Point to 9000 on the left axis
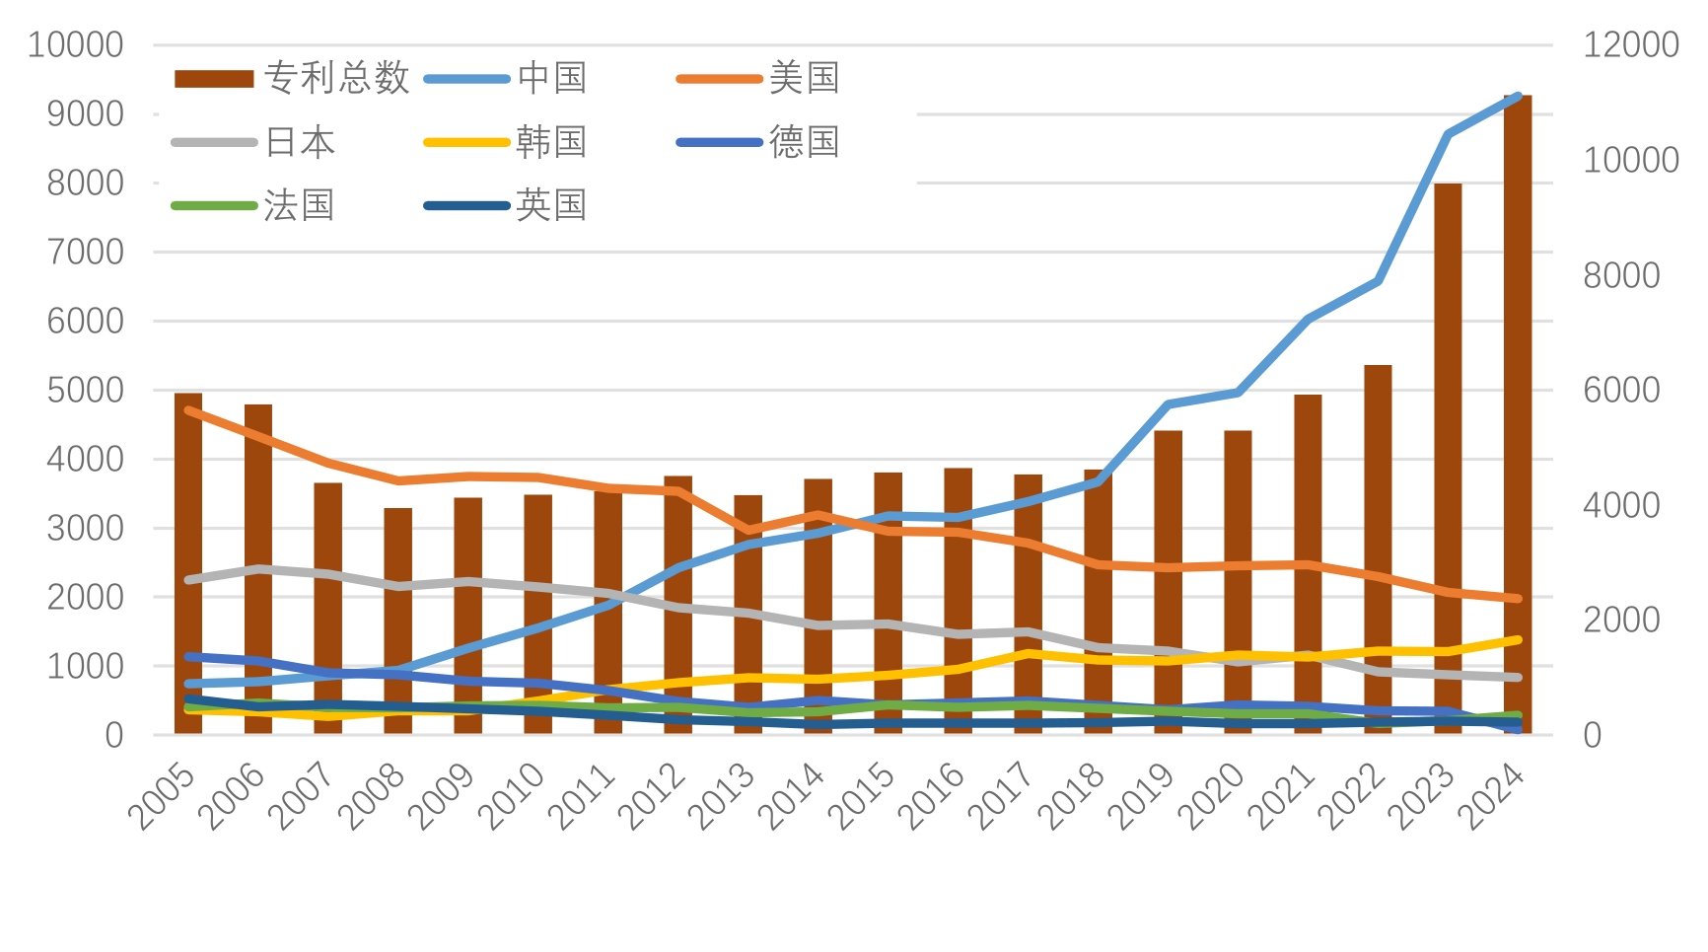coord(86,113)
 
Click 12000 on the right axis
coord(1630,44)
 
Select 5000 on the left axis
coord(86,390)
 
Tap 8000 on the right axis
coord(1620,275)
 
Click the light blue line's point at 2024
coord(1518,97)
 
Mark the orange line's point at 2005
coord(188,410)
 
